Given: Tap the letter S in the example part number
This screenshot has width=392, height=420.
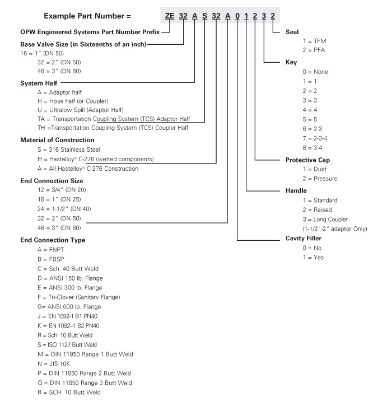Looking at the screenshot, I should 205,15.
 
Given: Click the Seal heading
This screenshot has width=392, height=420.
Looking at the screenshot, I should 293,32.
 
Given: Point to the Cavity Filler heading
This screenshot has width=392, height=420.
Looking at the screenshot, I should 304,238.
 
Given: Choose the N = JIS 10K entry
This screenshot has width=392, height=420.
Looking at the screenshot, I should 55,363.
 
